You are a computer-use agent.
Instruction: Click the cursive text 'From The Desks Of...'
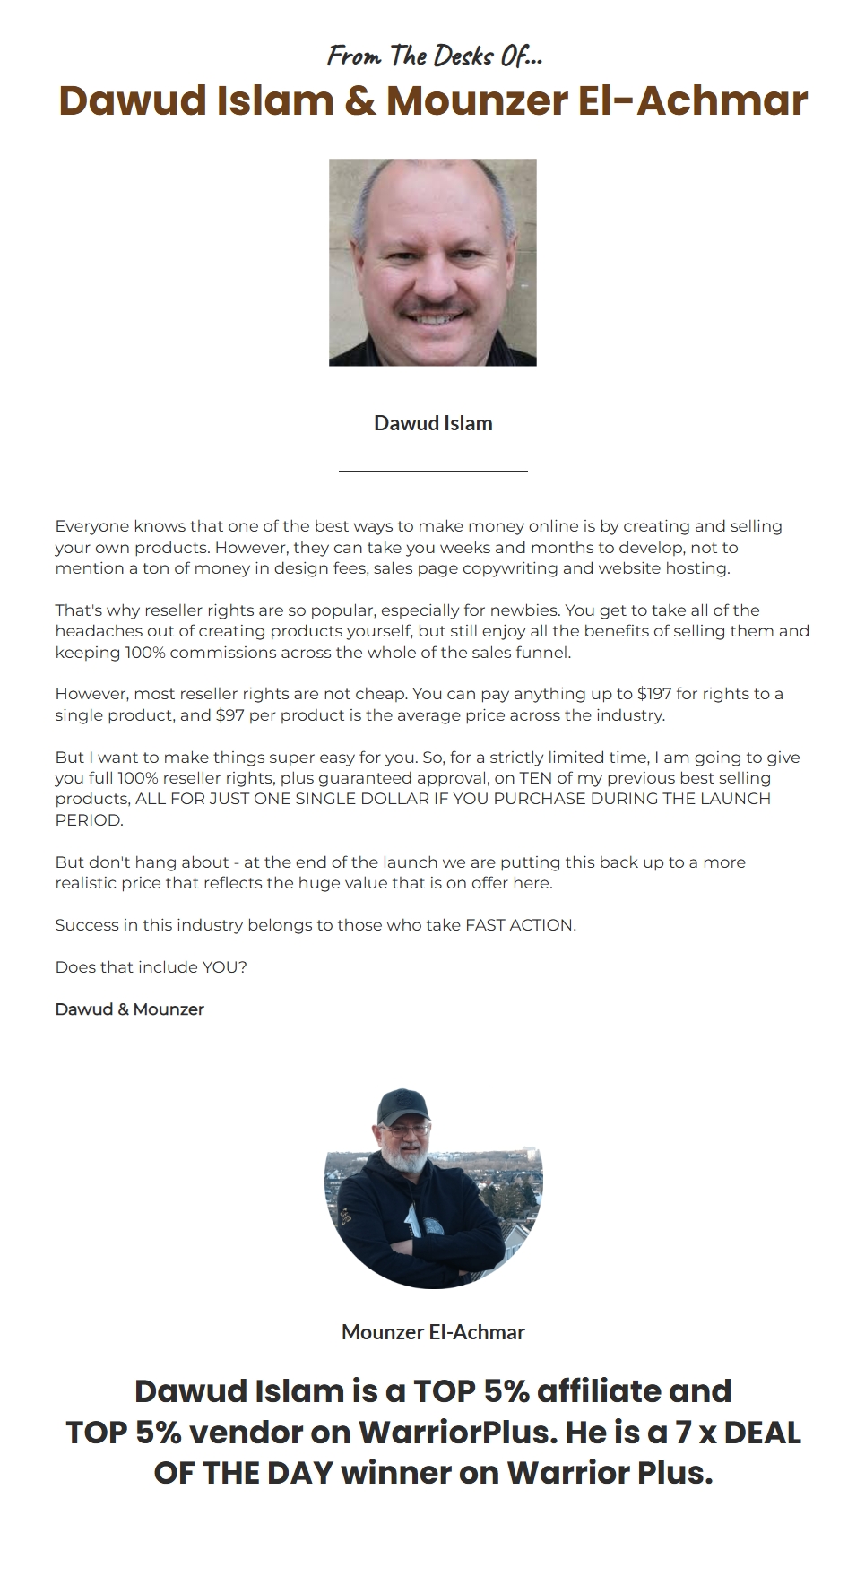point(435,56)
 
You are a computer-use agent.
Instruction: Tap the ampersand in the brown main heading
point(360,100)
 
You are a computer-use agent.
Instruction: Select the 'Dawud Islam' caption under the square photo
point(433,423)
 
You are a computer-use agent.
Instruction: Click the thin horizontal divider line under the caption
point(433,470)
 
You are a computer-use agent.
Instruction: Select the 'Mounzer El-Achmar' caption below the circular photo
point(433,1332)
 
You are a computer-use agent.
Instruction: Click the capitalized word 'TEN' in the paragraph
point(535,778)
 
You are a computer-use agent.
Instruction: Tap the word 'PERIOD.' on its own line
point(89,820)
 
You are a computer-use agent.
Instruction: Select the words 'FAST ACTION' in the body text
point(519,925)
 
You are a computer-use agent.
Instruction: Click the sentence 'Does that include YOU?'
point(151,967)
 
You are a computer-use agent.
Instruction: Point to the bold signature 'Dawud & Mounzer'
point(129,1009)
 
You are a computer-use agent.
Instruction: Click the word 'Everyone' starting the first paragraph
point(91,526)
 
